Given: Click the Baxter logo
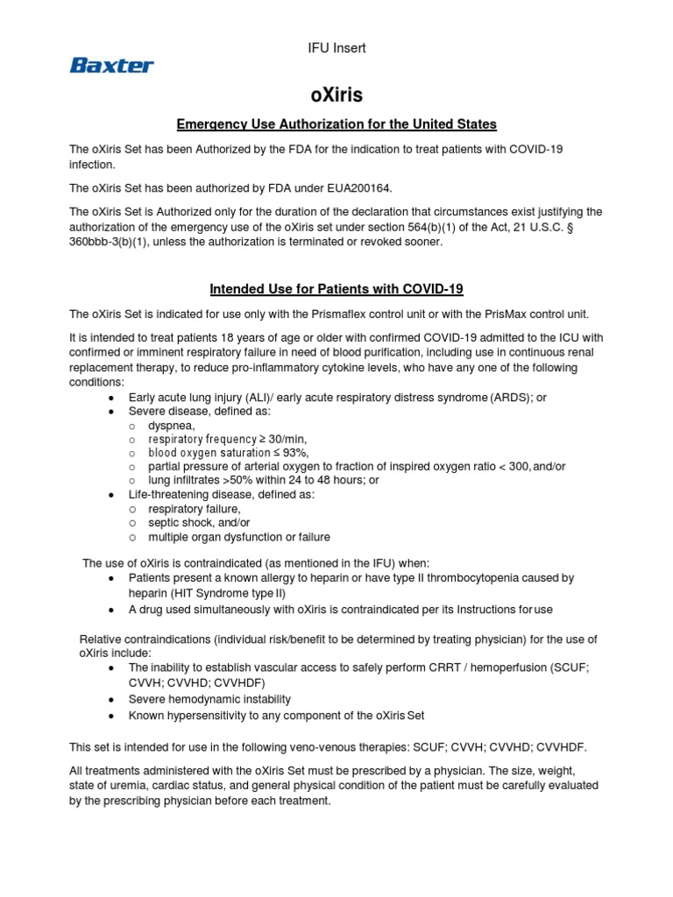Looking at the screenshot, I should tap(111, 65).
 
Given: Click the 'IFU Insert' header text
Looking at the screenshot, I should tap(336, 48).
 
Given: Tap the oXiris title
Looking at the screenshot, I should tap(336, 95).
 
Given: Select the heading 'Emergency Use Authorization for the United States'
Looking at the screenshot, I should tap(336, 124).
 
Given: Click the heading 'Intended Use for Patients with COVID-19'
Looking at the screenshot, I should tap(336, 289).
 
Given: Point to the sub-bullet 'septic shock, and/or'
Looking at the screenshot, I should tap(200, 523).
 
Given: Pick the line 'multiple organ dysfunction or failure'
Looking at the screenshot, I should tap(239, 537).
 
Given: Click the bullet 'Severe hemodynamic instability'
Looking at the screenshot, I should tap(209, 699).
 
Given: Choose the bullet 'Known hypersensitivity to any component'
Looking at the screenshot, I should tap(277, 715).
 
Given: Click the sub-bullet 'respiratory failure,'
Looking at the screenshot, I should tap(194, 509).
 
